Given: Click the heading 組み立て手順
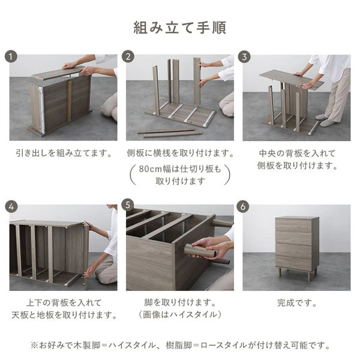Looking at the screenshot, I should coord(179,28).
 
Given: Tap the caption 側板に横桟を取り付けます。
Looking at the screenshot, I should coord(181,153).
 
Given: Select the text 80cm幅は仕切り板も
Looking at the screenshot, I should coord(181,169).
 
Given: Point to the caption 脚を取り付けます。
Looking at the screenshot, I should coord(181,302).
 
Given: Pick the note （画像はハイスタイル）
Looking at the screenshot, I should coord(181,314).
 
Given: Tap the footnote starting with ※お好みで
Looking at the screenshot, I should coord(179,345).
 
